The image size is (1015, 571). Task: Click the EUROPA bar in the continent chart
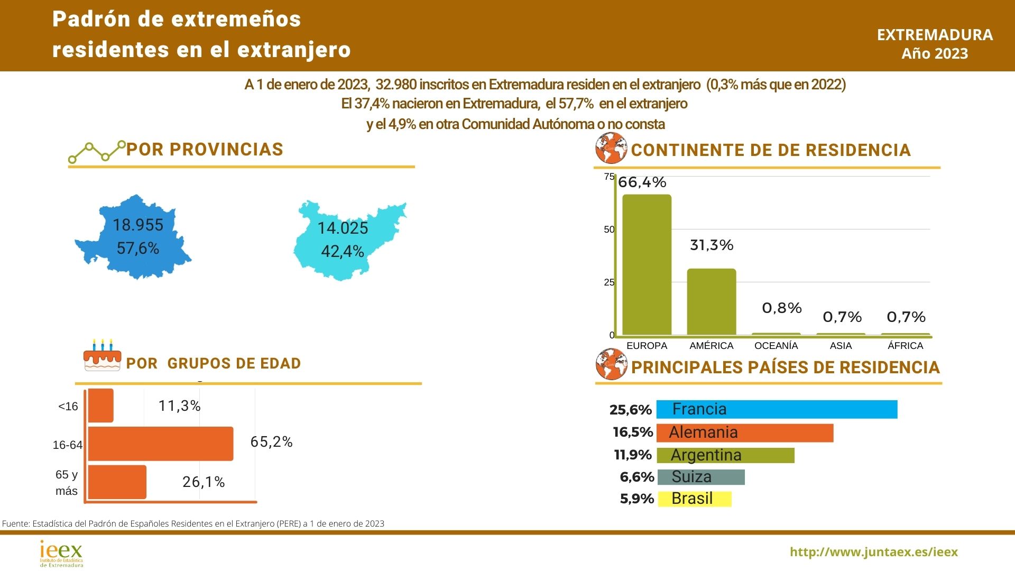click(647, 264)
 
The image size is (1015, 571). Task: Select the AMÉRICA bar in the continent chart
click(711, 301)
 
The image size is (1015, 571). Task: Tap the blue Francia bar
click(777, 409)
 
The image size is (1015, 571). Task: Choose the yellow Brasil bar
click(694, 499)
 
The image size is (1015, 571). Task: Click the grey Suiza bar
click(700, 477)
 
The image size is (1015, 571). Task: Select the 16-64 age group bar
click(160, 443)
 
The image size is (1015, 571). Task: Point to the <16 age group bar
click(100, 406)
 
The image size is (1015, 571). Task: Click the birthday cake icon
click(102, 355)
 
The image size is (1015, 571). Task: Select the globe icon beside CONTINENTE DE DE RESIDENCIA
click(611, 148)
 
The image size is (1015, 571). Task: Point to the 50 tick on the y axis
click(609, 229)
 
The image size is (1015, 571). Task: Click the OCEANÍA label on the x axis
click(776, 346)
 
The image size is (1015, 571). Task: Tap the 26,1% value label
click(204, 482)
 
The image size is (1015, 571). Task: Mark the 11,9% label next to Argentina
click(632, 455)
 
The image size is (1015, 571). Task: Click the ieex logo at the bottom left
click(61, 553)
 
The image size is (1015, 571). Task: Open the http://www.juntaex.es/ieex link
click(873, 552)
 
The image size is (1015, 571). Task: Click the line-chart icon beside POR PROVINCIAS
click(97, 152)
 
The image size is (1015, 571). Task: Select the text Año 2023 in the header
click(935, 53)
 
